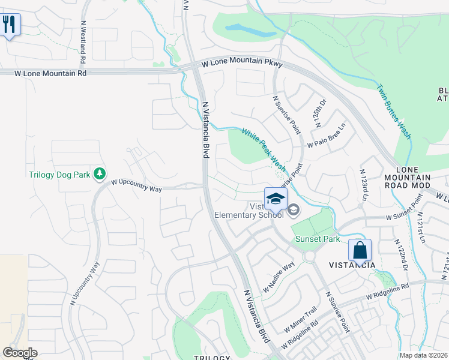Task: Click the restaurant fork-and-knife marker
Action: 9,25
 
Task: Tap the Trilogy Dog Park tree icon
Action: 100,175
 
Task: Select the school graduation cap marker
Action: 276,199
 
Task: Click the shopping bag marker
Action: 360,250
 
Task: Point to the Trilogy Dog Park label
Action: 59,175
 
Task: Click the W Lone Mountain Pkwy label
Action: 241,63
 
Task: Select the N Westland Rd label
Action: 82,44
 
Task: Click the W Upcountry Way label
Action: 136,184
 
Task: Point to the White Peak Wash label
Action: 264,147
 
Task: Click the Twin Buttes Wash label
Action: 394,112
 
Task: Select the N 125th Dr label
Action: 320,114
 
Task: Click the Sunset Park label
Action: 318,239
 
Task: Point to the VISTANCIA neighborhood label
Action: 352,265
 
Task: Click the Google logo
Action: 20,352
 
